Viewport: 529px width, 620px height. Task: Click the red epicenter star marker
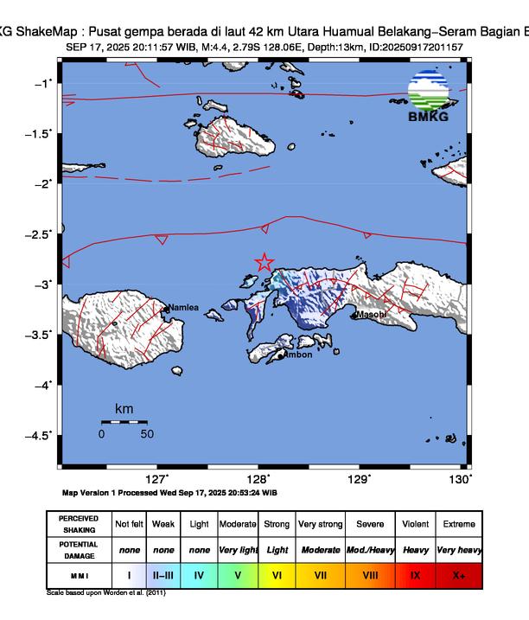click(264, 262)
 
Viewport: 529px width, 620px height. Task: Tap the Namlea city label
click(183, 307)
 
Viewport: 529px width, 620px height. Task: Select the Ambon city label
click(298, 355)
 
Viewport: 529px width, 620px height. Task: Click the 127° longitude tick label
click(156, 479)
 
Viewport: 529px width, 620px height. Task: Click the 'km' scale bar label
click(124, 408)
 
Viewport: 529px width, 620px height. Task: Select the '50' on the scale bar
click(147, 434)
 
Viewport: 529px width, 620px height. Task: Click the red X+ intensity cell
click(457, 573)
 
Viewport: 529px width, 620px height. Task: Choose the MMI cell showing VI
click(277, 573)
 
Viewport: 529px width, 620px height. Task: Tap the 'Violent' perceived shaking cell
click(415, 524)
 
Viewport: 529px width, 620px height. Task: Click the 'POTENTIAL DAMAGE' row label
click(79, 549)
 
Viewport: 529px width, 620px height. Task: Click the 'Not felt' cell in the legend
click(129, 524)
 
